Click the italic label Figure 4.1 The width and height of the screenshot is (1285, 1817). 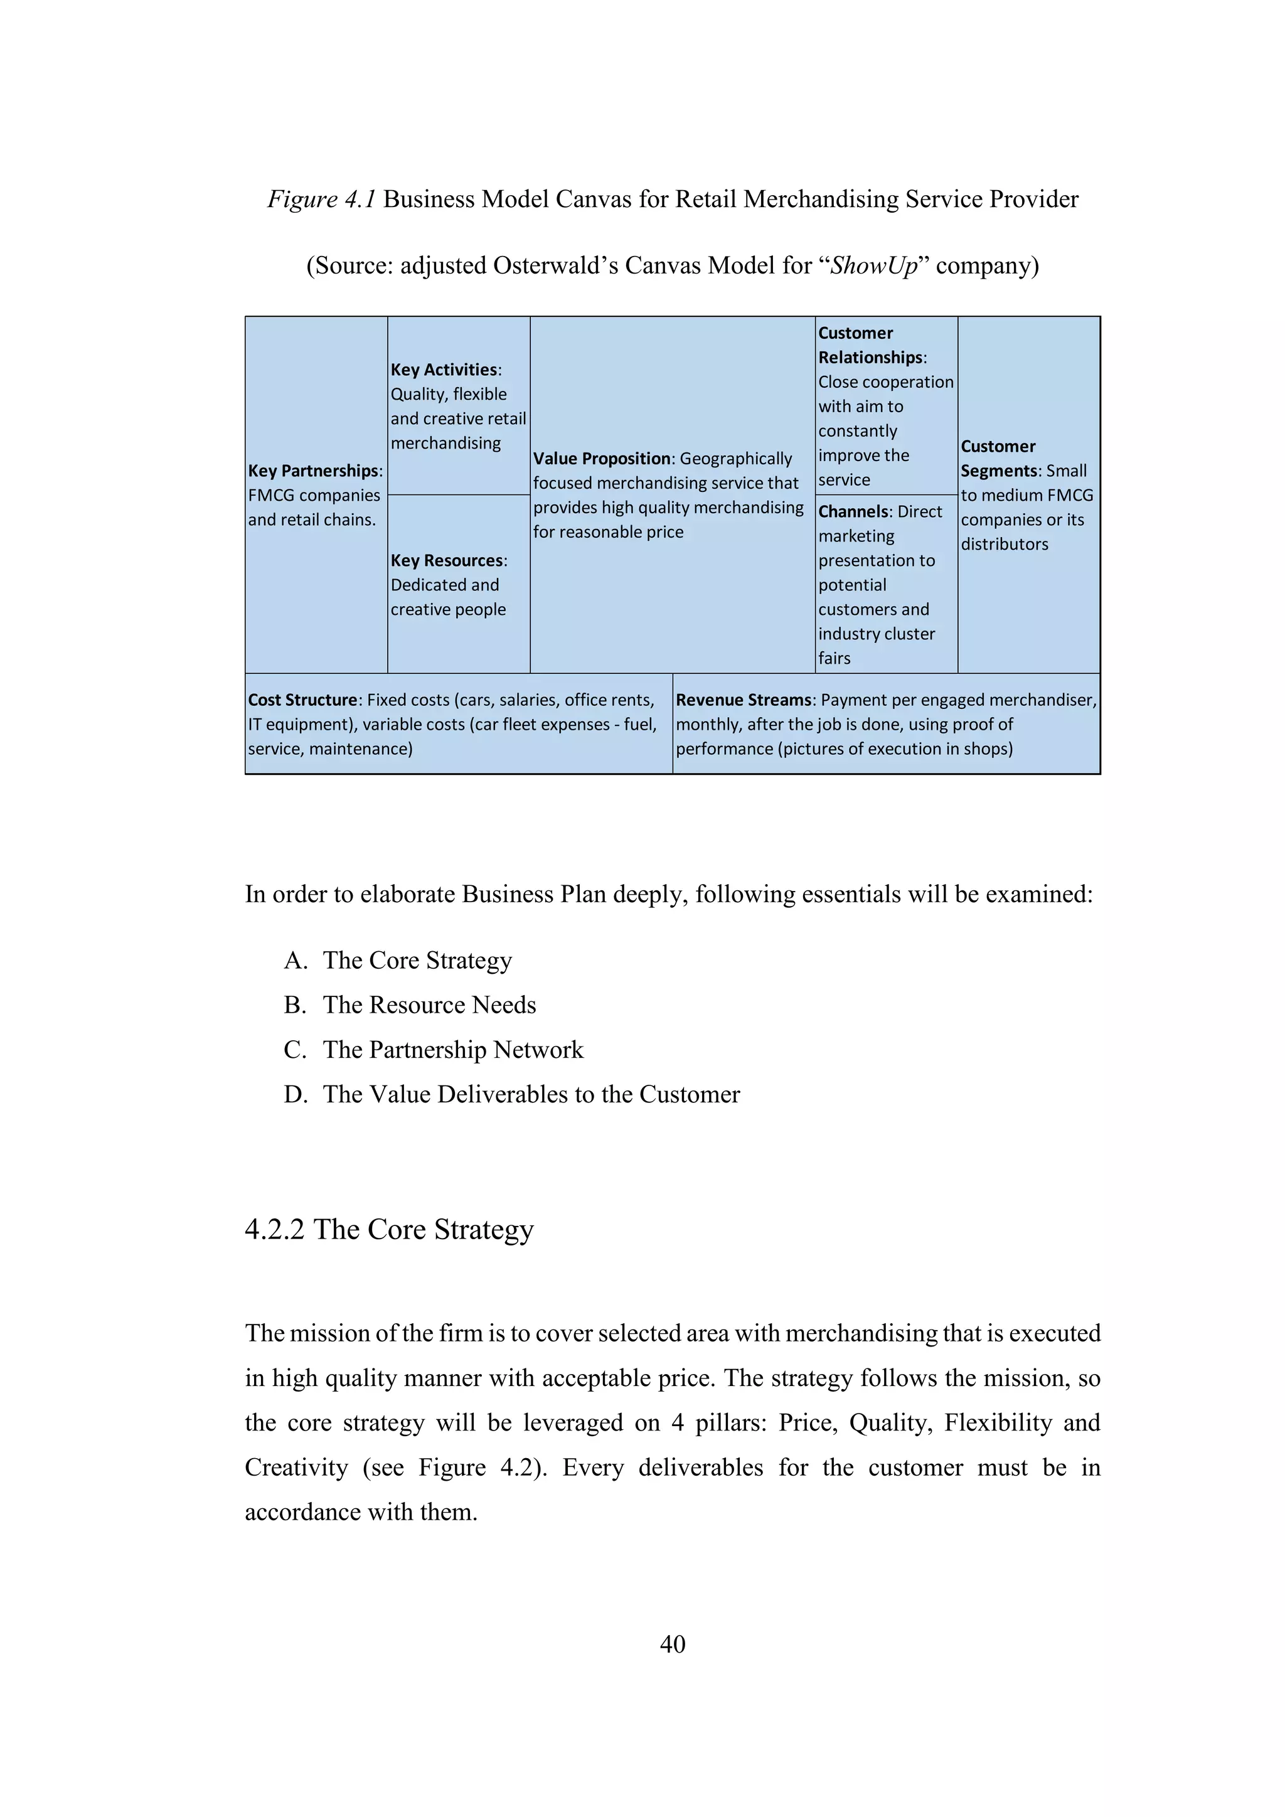(x=321, y=199)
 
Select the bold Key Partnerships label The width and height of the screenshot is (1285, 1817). (x=313, y=471)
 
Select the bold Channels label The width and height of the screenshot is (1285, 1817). (x=853, y=512)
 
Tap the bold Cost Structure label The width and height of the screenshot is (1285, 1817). (x=303, y=700)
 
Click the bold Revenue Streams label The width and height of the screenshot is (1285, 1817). (x=744, y=700)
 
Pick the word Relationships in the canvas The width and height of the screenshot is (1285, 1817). (x=870, y=358)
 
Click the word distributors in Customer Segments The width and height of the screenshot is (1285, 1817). (x=1004, y=545)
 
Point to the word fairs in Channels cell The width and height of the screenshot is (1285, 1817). (x=834, y=658)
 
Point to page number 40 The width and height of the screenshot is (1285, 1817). (x=672, y=1644)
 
